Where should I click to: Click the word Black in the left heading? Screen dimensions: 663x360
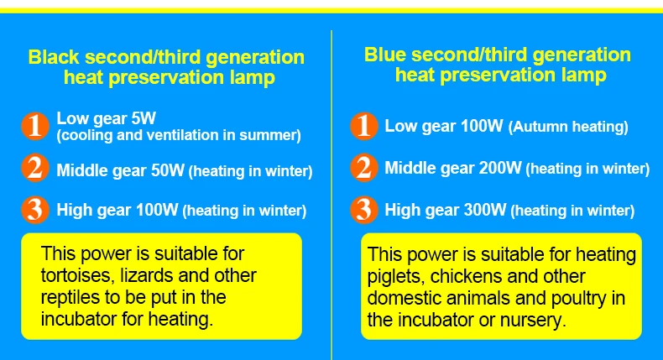pos(54,57)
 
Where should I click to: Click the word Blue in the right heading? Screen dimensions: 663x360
pos(384,55)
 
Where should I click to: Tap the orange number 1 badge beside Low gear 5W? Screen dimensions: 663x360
pos(35,126)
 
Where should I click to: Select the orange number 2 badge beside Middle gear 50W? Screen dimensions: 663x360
pos(35,168)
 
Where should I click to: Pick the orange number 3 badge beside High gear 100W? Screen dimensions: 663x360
pos(35,210)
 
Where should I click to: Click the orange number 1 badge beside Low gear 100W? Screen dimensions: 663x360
pos(363,126)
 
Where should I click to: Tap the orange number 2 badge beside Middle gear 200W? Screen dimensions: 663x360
pos(363,168)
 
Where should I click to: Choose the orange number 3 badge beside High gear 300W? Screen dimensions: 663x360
pos(363,210)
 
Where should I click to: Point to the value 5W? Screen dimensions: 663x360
pos(144,118)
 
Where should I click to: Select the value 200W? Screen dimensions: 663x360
pos(500,168)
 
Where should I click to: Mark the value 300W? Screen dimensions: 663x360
pos(485,210)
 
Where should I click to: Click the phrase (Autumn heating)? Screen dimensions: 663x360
pos(568,127)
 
